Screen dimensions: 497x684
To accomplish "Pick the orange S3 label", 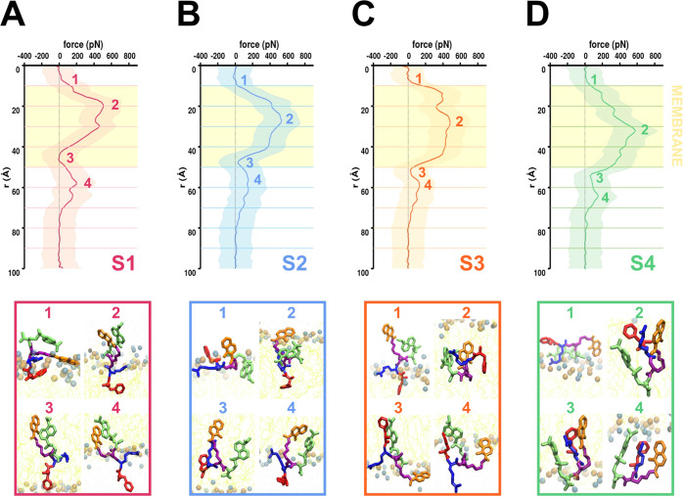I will click(474, 261).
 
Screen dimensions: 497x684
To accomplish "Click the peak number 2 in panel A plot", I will click(114, 105).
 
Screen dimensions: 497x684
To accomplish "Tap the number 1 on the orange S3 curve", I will click(418, 78).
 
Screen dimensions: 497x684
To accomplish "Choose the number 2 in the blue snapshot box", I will click(292, 314).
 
